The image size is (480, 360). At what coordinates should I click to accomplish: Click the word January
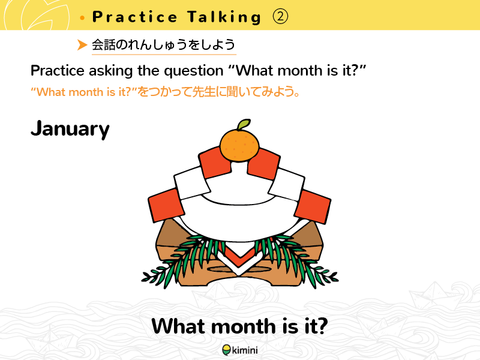coord(70,129)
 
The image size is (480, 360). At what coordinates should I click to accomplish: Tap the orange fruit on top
coord(239,146)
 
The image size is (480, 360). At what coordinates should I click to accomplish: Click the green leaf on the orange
coord(244,124)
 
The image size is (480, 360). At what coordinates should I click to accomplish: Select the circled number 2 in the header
coord(280,17)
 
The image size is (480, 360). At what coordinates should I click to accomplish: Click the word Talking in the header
coord(224,17)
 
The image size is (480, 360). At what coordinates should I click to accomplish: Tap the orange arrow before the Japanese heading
coord(82,44)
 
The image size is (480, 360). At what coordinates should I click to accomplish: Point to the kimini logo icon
coord(227,350)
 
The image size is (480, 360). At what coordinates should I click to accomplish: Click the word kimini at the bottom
coord(245,350)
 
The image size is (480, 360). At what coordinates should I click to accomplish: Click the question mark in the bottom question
coord(322,326)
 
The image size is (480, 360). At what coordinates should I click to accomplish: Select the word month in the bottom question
coord(243,326)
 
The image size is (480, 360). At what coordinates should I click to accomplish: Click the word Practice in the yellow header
coord(134,17)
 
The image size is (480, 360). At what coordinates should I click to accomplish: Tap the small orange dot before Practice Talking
coord(82,18)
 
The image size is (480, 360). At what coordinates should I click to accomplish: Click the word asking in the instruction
coord(111,71)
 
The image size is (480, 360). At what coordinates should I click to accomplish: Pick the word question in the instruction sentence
coord(193,71)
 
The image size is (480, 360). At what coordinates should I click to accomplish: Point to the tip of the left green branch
coord(142,279)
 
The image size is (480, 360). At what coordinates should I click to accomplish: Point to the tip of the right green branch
coord(338,279)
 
